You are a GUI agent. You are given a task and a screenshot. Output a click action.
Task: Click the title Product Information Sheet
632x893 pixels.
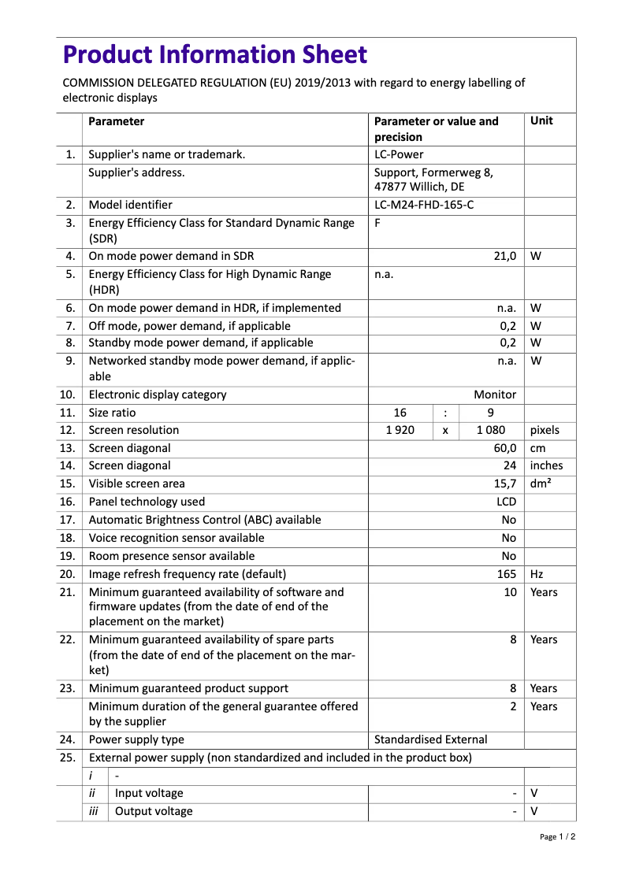[x=215, y=55]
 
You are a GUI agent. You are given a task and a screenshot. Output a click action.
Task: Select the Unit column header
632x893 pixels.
[x=541, y=121]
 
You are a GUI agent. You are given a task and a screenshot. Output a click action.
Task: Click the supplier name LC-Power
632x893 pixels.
[x=399, y=155]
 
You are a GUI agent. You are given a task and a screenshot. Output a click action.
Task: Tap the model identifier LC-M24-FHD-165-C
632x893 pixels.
[x=424, y=206]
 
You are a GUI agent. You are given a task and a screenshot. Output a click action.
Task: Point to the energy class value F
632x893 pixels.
[x=377, y=223]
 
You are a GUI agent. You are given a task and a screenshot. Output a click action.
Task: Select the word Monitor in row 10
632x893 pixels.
[x=495, y=395]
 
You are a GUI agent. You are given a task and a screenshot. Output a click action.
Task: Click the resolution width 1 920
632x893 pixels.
[x=400, y=431]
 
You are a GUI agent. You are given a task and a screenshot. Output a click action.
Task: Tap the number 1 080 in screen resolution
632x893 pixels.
[x=491, y=431]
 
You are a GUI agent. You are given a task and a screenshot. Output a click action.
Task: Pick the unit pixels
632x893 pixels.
[x=545, y=431]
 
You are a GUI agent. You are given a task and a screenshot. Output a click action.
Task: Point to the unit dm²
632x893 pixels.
[x=541, y=484]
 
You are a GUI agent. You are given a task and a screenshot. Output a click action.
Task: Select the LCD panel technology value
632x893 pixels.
[x=506, y=502]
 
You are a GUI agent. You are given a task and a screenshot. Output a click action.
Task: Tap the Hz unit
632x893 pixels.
[x=537, y=574]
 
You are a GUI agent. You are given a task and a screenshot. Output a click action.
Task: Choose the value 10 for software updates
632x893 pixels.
[x=510, y=592]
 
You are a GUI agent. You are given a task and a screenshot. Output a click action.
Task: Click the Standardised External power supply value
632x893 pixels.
[x=430, y=739]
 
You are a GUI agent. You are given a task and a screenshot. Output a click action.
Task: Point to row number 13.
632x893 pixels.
[x=67, y=448]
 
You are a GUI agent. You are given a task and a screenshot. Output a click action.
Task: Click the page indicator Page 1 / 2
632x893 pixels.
[x=557, y=837]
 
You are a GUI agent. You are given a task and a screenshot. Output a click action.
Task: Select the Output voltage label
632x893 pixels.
[x=154, y=811]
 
